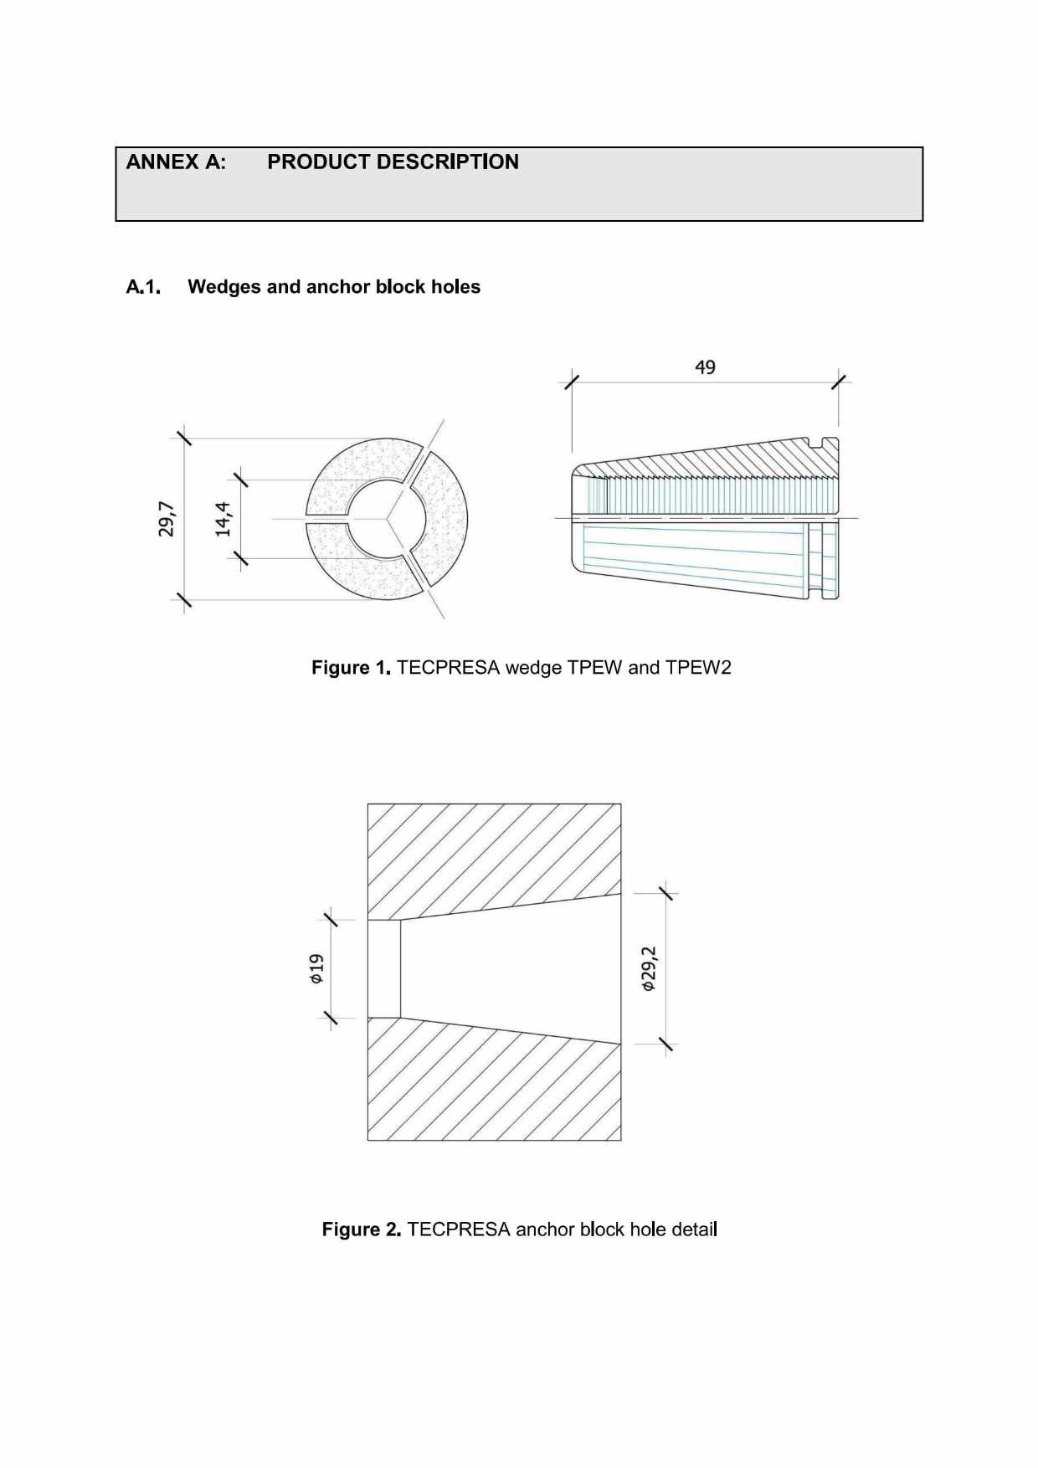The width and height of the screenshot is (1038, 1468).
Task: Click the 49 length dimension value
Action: coord(705,367)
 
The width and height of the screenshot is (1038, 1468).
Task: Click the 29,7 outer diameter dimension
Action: coord(167,519)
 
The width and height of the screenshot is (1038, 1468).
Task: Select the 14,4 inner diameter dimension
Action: coord(223,519)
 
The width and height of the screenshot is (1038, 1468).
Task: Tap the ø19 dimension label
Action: coord(316,968)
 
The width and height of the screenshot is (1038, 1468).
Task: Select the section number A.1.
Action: coord(143,287)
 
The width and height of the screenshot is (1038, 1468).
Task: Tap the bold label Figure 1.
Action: coord(351,668)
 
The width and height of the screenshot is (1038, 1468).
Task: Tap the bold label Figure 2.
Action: coord(362,1229)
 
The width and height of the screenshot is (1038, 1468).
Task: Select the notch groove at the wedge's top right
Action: coord(818,441)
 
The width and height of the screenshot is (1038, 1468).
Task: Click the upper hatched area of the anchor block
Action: coord(494,854)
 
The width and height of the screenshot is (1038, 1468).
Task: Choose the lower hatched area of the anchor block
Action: coord(494,1088)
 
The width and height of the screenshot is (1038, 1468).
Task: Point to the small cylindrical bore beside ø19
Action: coord(384,969)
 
